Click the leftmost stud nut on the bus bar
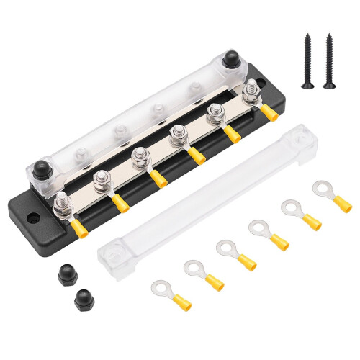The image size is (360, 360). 63,202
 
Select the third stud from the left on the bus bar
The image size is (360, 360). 140,157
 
